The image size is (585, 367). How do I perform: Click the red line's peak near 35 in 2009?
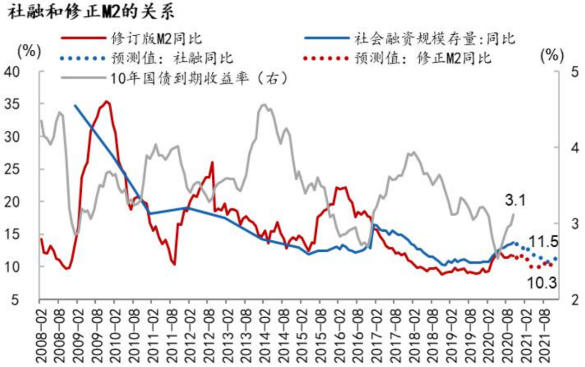tap(107, 101)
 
